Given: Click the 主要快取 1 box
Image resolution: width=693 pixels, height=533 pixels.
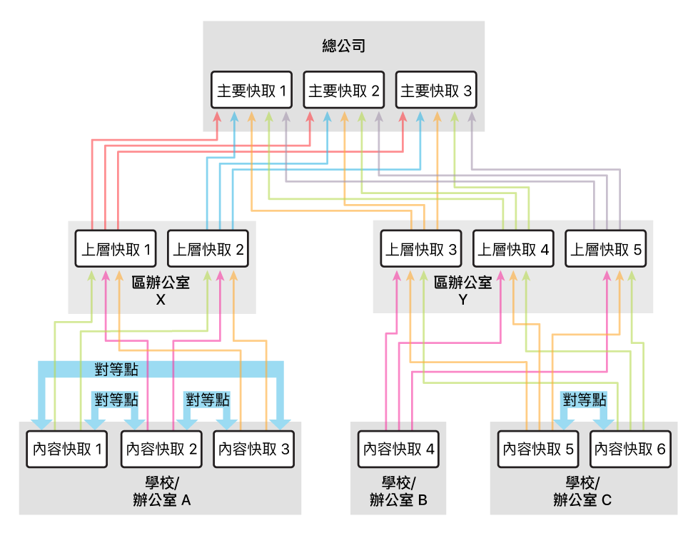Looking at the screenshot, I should tap(252, 91).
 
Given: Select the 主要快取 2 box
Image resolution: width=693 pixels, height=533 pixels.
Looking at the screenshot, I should tap(344, 91).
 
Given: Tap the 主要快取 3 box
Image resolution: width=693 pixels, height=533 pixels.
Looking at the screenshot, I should tap(436, 91).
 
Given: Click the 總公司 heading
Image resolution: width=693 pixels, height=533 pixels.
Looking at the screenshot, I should tap(344, 48).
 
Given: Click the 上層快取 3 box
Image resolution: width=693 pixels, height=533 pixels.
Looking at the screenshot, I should tap(420, 250).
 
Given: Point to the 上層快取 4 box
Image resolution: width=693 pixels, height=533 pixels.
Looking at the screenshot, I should tap(513, 250).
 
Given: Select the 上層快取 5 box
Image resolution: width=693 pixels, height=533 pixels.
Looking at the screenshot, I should tap(605, 250).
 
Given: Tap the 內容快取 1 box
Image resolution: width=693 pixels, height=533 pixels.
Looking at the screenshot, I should tap(67, 450).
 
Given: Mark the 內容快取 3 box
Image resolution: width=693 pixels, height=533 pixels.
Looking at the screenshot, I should tap(253, 450).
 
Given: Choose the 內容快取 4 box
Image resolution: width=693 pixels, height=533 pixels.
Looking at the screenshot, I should tap(398, 450).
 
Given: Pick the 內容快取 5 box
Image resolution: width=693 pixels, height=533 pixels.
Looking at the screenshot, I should tap(538, 450).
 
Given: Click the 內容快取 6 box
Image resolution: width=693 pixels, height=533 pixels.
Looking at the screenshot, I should tap(630, 450).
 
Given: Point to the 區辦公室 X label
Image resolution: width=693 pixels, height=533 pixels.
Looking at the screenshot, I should tap(161, 290).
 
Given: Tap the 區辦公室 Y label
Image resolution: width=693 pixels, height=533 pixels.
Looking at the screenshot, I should tap(463, 290).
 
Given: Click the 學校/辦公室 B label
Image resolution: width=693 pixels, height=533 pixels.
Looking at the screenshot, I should tap(398, 492).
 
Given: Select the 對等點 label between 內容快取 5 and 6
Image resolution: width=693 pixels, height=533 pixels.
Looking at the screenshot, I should tap(584, 400).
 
